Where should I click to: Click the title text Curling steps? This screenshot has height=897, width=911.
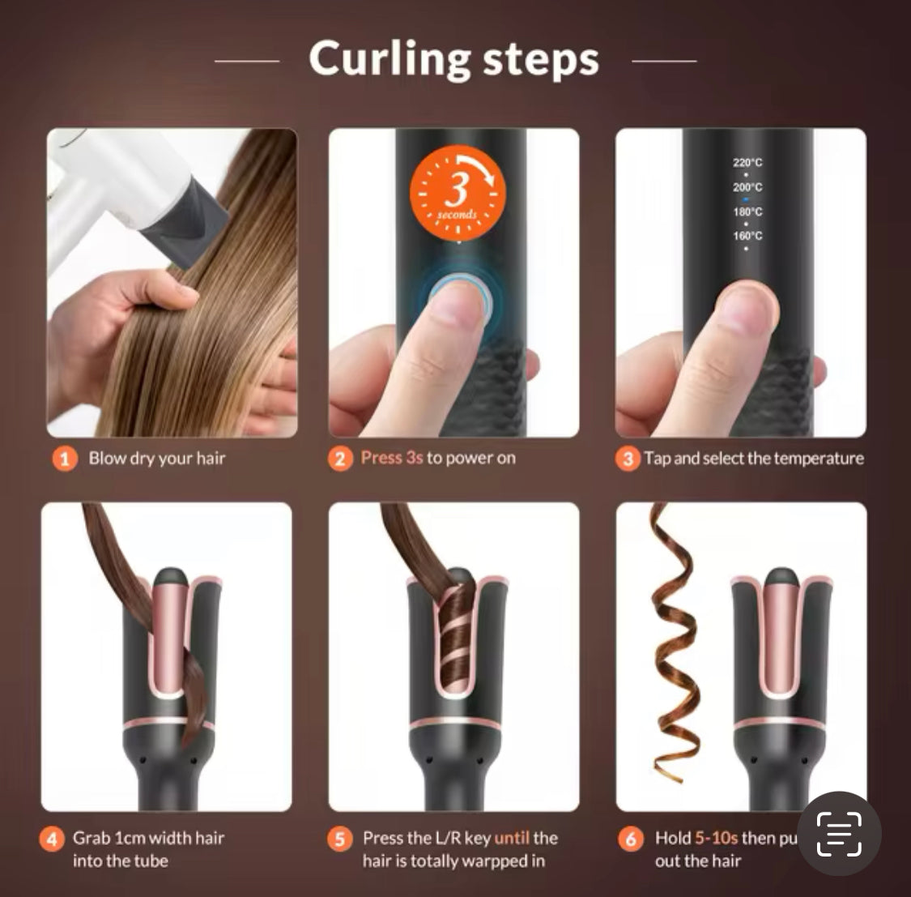453,59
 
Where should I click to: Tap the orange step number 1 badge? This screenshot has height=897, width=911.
65,459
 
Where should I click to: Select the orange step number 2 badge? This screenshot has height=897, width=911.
340,459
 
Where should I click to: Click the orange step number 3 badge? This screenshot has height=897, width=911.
628,459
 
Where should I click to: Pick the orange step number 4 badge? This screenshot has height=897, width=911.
52,839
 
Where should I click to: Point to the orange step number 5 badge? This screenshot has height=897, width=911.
340,839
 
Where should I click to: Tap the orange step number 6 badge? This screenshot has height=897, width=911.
631,839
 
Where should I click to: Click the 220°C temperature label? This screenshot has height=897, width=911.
747,162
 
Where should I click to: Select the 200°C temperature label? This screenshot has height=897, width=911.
747,186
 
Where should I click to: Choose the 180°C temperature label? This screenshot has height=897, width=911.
747,211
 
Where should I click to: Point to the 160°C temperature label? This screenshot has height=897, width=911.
747,236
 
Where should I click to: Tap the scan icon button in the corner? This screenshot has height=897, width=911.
838,834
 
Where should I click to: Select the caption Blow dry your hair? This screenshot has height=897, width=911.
157,458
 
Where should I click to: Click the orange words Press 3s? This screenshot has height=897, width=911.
392,458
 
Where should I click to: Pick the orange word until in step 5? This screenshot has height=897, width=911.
512,838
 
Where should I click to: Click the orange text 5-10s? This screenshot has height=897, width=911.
716,838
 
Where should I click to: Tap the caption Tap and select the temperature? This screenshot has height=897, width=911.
754,458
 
